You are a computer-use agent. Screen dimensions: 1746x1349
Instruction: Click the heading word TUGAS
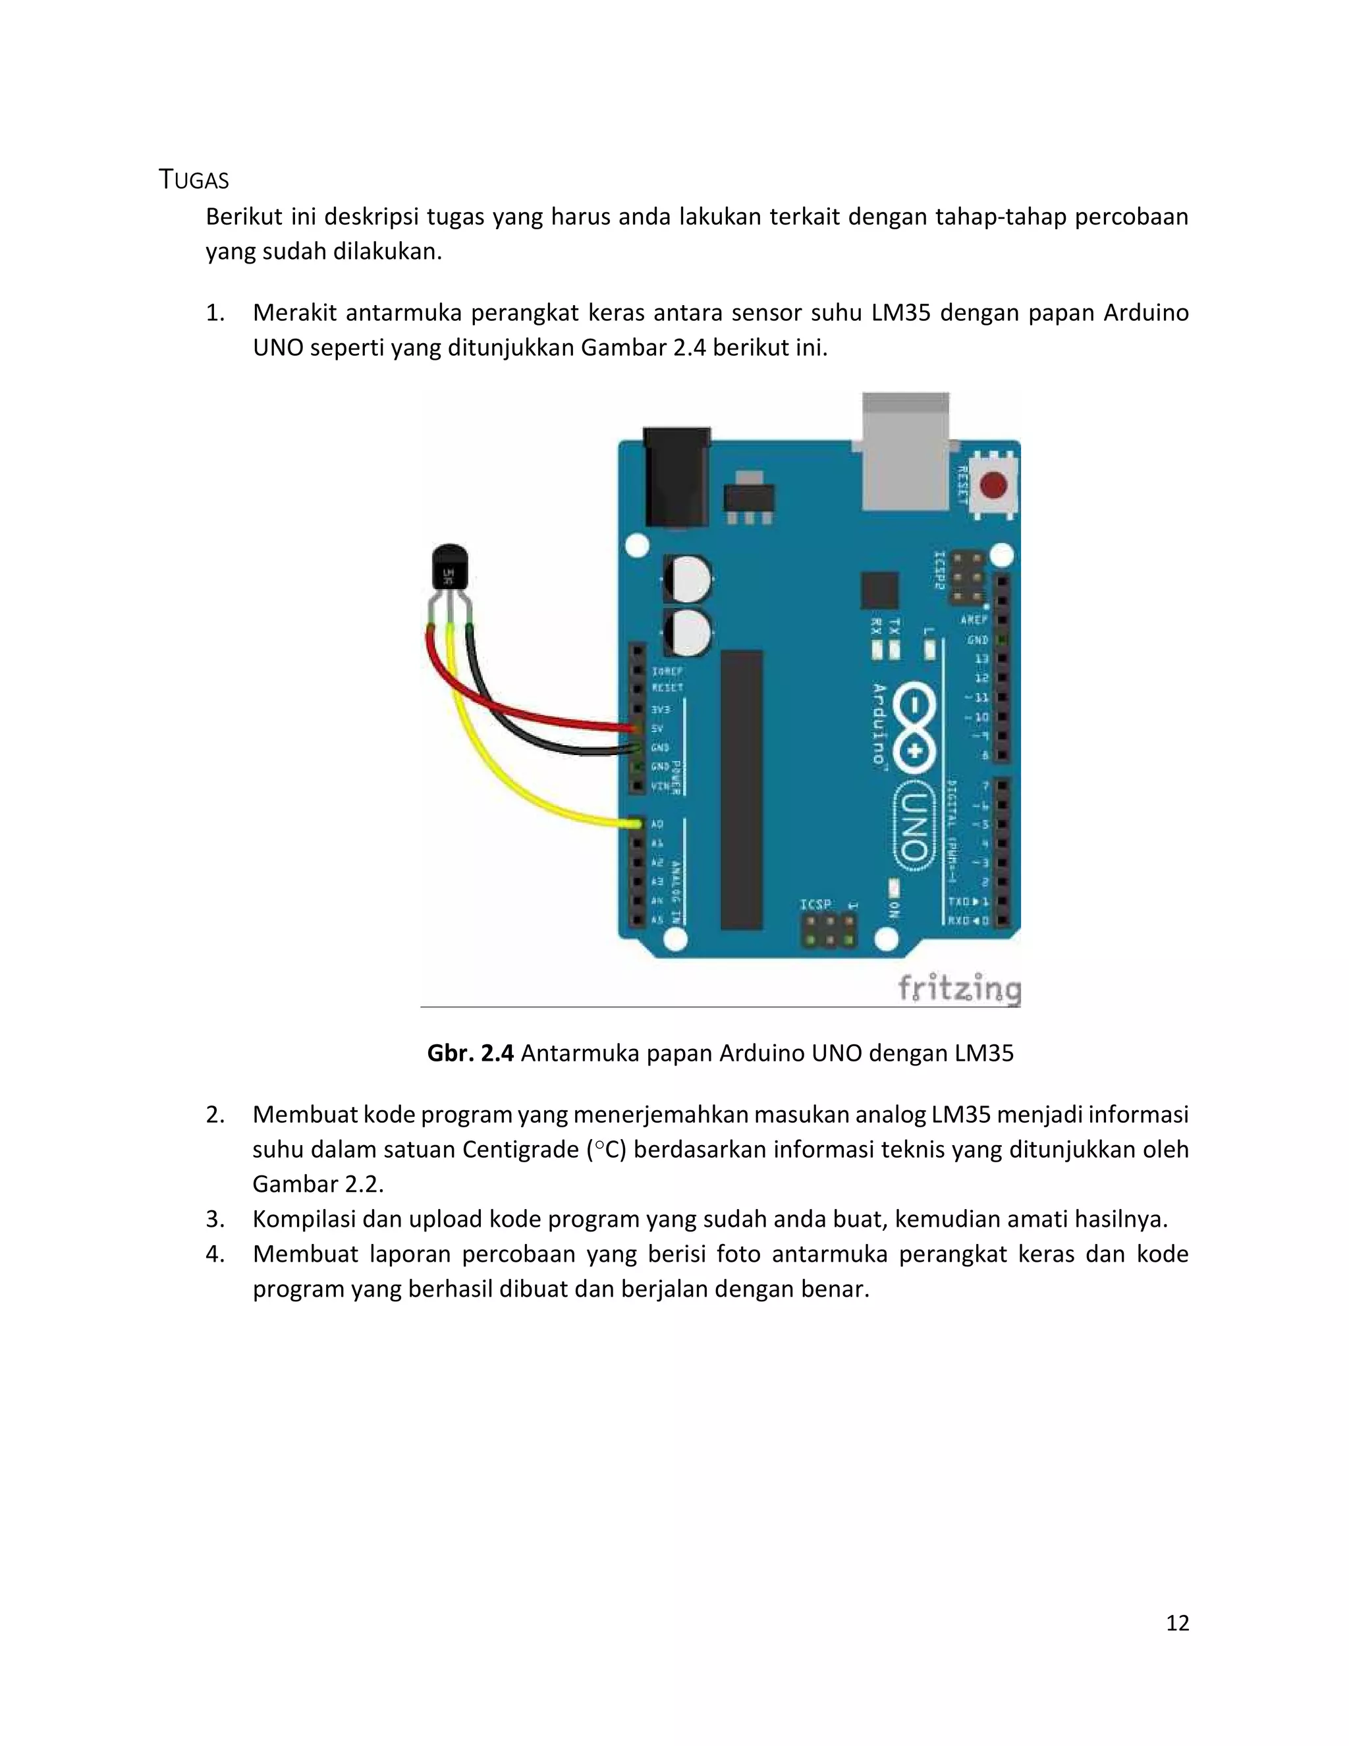coord(194,181)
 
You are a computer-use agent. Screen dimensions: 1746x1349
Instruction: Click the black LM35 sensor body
coord(449,569)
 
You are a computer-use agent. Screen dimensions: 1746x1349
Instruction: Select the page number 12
coord(1177,1622)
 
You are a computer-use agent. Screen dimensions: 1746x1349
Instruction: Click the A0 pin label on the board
coord(657,824)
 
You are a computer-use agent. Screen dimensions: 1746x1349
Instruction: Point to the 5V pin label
coord(657,728)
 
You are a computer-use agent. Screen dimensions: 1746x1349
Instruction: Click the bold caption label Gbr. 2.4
coord(470,1053)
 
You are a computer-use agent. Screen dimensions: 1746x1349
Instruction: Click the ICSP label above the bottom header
coord(815,904)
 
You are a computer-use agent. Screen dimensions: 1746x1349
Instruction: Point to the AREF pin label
coord(974,619)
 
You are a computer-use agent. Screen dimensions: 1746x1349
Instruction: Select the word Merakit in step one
coord(295,312)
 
